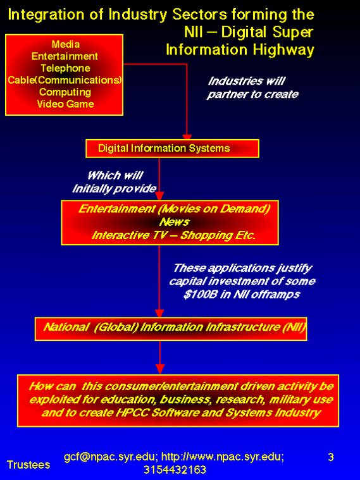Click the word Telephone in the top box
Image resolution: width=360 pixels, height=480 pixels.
click(x=65, y=68)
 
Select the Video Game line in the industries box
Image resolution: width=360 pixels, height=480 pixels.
click(x=65, y=104)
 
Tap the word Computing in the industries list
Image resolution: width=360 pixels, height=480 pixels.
click(x=65, y=92)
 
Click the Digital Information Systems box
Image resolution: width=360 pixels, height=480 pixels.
click(x=172, y=149)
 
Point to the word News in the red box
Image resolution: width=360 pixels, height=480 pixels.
click(x=174, y=221)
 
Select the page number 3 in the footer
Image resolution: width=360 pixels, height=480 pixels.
click(x=331, y=457)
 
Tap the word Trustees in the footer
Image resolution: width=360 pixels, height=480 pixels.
click(x=28, y=465)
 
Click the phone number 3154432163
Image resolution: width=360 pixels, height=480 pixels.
click(x=175, y=470)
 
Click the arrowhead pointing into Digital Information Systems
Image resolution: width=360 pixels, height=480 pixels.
click(x=187, y=137)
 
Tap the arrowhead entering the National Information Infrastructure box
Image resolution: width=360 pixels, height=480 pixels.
click(x=159, y=314)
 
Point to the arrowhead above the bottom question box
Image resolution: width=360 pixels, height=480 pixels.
click(x=160, y=369)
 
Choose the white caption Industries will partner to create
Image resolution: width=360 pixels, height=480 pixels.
click(x=252, y=87)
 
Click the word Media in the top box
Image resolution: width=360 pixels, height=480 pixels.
click(x=66, y=44)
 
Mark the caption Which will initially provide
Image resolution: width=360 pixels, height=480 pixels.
click(x=115, y=182)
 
